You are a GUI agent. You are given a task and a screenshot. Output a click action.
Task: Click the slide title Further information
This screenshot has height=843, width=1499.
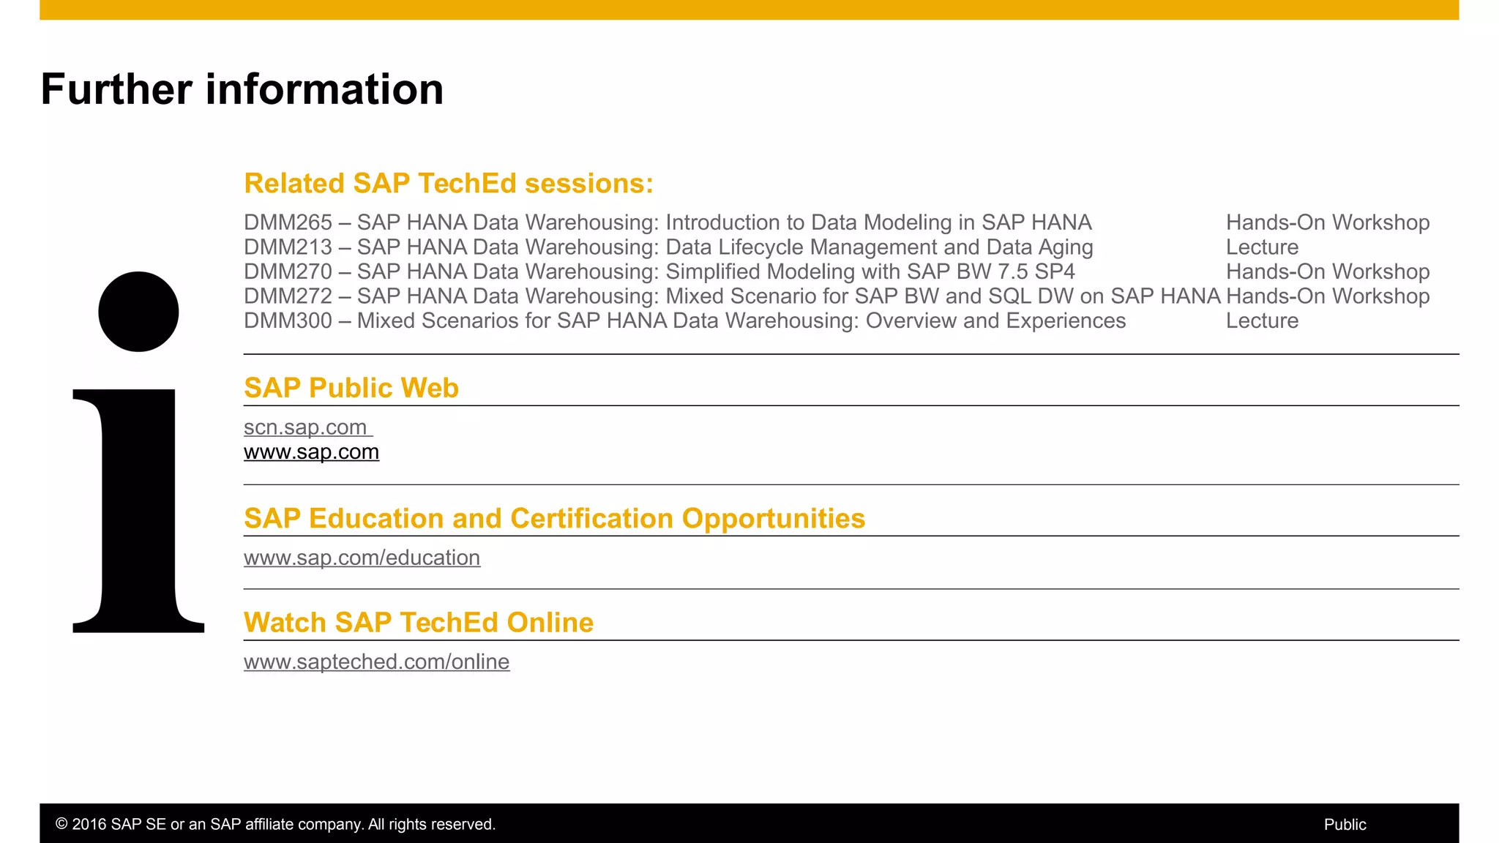[x=242, y=89]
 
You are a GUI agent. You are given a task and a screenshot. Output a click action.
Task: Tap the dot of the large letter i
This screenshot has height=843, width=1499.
[x=138, y=312]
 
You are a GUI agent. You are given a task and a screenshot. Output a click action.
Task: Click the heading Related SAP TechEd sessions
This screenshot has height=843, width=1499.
[x=448, y=184]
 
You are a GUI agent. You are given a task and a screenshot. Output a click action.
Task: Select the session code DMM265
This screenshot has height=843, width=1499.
[x=288, y=222]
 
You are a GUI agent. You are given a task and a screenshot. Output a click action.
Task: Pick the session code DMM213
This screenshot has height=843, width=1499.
[x=288, y=247]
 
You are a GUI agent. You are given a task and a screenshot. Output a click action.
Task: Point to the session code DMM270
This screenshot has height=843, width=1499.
[x=288, y=271]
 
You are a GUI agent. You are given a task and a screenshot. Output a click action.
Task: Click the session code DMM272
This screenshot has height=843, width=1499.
[x=288, y=296]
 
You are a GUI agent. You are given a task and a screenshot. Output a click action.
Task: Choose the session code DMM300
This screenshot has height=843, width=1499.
[x=288, y=321]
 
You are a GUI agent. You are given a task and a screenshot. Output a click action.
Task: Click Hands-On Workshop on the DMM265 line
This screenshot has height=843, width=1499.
[x=1327, y=222]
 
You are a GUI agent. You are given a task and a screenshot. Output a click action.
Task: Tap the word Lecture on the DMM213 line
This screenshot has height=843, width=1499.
[x=1262, y=247]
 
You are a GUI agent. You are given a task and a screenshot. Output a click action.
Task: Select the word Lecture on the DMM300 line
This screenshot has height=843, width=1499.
[x=1262, y=321]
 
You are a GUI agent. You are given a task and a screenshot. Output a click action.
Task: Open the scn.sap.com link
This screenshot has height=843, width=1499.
[x=305, y=427]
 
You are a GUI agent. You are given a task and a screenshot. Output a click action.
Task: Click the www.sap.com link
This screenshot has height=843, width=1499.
[x=311, y=452]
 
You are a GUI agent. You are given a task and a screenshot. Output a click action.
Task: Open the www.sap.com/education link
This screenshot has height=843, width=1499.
[x=362, y=558]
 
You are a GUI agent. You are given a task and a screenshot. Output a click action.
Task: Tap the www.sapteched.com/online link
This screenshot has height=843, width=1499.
[x=376, y=662]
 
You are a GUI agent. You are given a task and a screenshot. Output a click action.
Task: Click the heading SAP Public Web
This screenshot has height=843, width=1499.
[x=351, y=388]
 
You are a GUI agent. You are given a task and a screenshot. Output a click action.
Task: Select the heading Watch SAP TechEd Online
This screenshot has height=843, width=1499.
[x=418, y=623]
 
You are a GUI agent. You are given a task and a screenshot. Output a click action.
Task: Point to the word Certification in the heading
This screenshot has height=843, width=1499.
[x=591, y=518]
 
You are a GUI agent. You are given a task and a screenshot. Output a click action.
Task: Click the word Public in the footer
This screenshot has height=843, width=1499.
[x=1345, y=825]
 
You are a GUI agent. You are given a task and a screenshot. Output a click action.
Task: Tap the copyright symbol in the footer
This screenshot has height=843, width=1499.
[x=61, y=825]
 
